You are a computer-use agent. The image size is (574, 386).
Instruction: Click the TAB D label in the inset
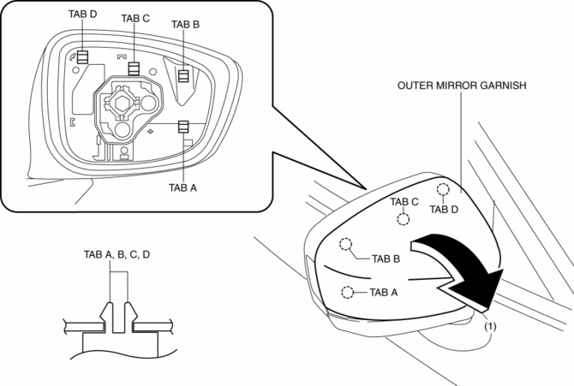[x=83, y=15]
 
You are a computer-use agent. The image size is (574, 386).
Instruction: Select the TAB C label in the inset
[x=135, y=18]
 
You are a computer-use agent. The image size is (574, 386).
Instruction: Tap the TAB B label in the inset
[x=185, y=24]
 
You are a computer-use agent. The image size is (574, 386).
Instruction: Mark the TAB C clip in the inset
[x=134, y=68]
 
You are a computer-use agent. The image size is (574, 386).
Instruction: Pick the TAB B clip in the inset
[x=182, y=75]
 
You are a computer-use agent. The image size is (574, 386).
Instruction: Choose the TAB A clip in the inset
[x=183, y=128]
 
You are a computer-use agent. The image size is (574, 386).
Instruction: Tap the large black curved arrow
[x=460, y=266]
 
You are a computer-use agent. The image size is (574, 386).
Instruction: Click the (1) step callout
[x=490, y=325]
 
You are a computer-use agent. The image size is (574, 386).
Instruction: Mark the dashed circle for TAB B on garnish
[x=346, y=245]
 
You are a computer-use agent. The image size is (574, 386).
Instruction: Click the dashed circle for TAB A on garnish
[x=347, y=293]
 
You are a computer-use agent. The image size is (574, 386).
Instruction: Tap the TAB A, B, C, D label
[x=117, y=254]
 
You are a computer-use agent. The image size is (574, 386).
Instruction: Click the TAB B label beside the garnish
[x=386, y=257]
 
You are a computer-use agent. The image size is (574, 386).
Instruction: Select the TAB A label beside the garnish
[x=384, y=293]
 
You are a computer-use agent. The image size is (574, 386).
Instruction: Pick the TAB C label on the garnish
[x=404, y=202]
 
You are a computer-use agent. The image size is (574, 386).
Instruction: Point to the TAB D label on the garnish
[x=445, y=208]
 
